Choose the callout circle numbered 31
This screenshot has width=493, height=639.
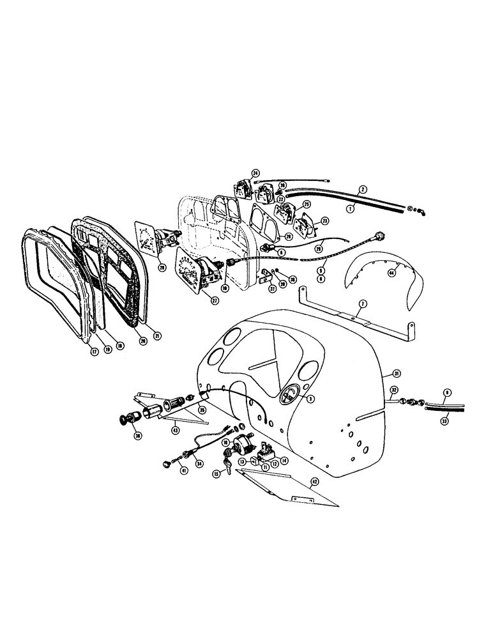point(396,373)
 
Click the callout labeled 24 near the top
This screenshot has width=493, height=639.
point(255,173)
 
